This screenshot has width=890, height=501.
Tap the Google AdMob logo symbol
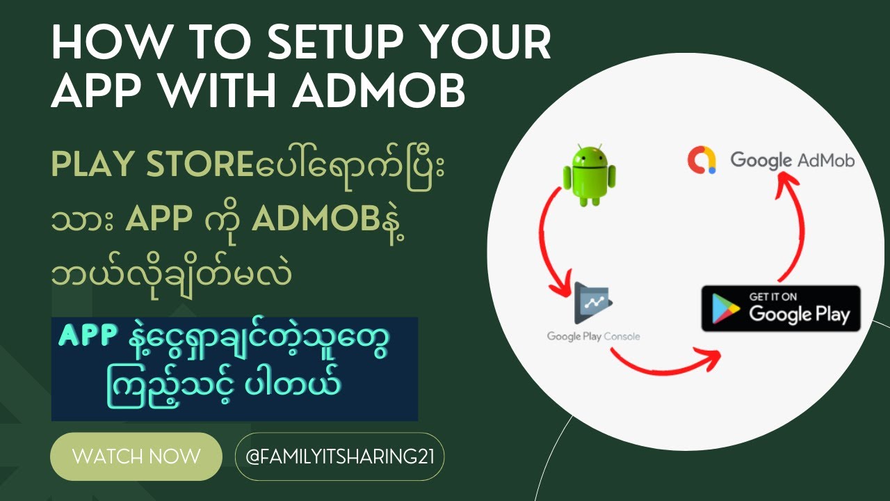coord(701,160)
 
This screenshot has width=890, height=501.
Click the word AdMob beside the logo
coord(826,160)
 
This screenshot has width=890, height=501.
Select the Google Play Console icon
coord(592,304)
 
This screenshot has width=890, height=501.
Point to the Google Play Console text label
coord(593,337)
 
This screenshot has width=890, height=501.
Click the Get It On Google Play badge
coord(780,308)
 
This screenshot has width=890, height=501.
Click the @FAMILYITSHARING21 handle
coord(339,457)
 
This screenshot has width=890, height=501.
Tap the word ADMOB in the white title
coord(379,91)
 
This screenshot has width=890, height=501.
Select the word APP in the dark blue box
coord(88,337)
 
